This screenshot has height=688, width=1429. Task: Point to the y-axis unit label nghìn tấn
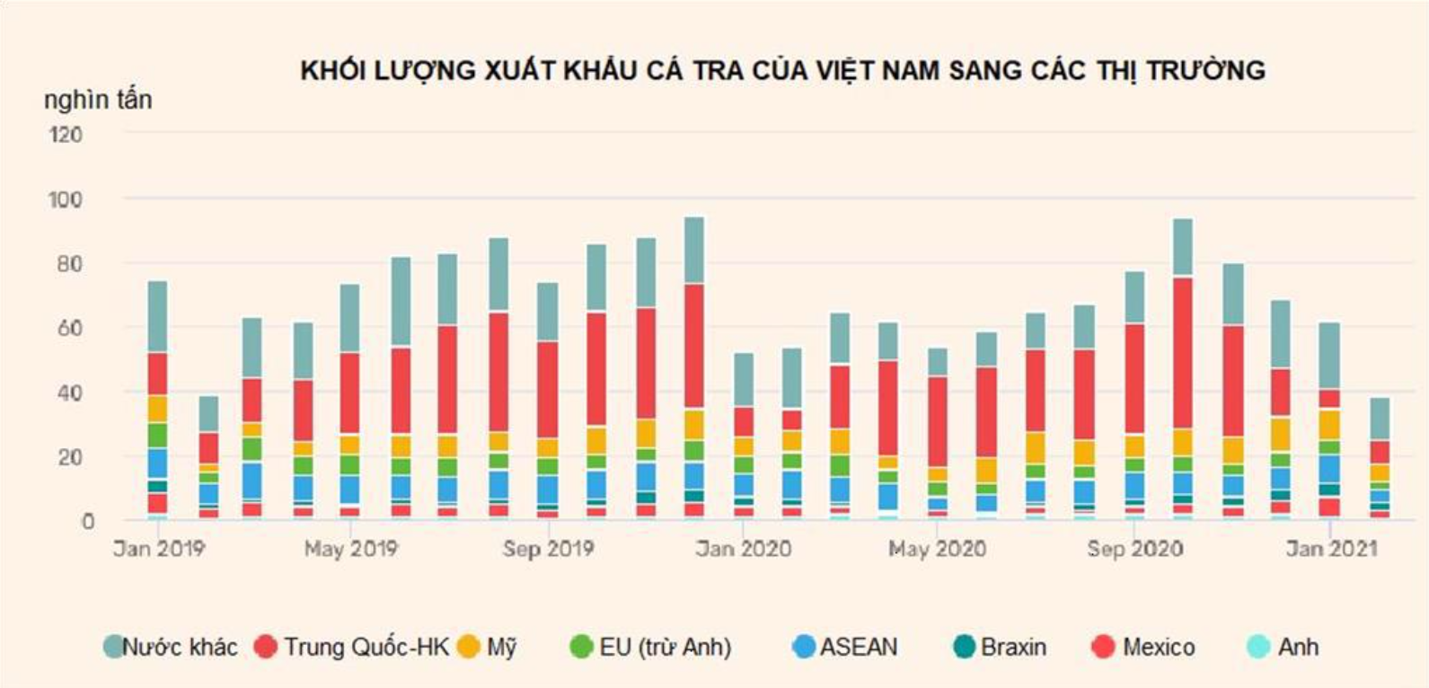click(x=98, y=100)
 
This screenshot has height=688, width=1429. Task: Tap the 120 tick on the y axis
click(x=66, y=135)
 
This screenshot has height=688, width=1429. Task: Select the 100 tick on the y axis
click(x=66, y=199)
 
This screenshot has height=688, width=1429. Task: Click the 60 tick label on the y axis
click(x=68, y=328)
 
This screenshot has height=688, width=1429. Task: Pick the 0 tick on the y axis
click(x=87, y=521)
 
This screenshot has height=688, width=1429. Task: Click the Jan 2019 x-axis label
click(x=159, y=549)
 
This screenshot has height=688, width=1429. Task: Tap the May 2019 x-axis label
click(x=350, y=549)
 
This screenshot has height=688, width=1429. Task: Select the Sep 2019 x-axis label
click(x=548, y=549)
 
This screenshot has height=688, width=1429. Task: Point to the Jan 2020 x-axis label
click(x=743, y=549)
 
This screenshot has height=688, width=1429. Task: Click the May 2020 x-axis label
click(x=937, y=549)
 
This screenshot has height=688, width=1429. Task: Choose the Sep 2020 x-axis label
click(x=1134, y=549)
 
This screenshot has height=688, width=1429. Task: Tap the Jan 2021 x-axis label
click(x=1330, y=549)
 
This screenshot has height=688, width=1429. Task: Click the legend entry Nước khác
click(x=171, y=647)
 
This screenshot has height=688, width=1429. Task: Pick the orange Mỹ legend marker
click(x=468, y=647)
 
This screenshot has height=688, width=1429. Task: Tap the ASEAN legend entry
click(x=845, y=647)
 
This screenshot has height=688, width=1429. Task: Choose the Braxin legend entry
click(x=1000, y=647)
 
